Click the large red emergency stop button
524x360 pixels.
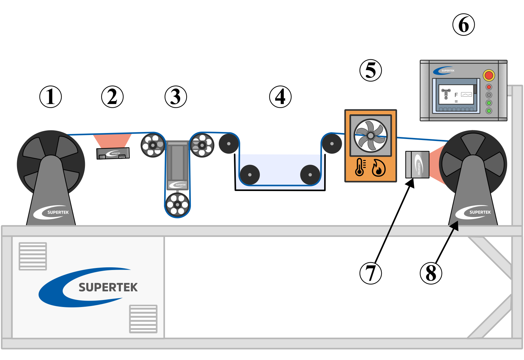click(489, 75)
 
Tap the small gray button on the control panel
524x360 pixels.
click(489, 95)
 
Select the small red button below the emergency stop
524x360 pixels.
click(489, 87)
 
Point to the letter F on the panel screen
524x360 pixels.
click(456, 95)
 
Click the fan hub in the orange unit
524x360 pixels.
click(370, 136)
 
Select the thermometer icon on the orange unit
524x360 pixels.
click(360, 167)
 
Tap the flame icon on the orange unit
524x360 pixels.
click(378, 168)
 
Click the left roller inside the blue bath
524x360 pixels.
click(250, 175)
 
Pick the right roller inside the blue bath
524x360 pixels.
click(310, 175)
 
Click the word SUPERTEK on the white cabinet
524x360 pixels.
click(108, 287)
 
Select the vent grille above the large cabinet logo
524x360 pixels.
click(33, 256)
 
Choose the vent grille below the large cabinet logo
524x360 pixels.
click(143, 319)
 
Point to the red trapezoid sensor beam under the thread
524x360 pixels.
click(112, 140)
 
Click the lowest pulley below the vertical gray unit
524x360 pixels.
click(178, 204)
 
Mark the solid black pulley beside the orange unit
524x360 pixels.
click(332, 144)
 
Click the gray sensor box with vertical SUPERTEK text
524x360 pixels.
click(417, 165)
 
